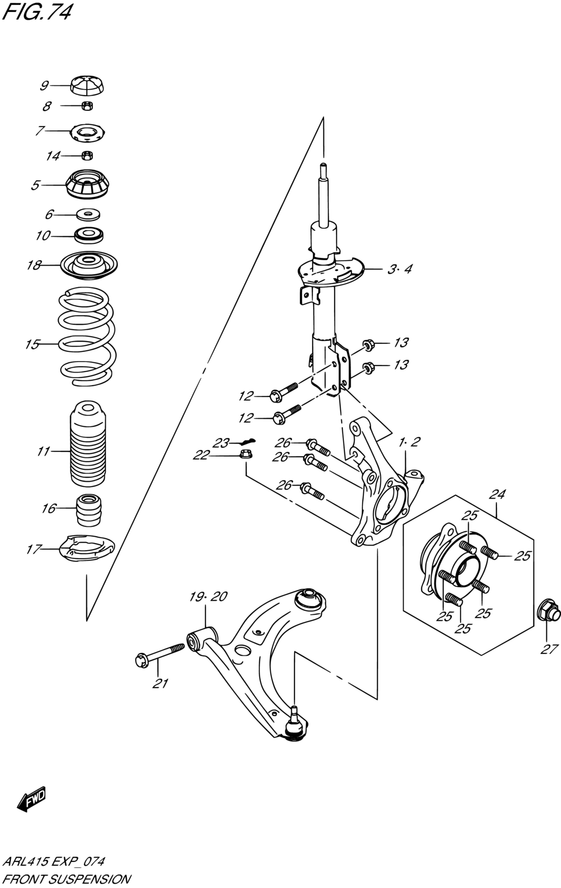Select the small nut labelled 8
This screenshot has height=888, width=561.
click(87, 106)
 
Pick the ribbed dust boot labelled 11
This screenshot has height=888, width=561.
click(88, 444)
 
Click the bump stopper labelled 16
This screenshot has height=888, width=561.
click(88, 509)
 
